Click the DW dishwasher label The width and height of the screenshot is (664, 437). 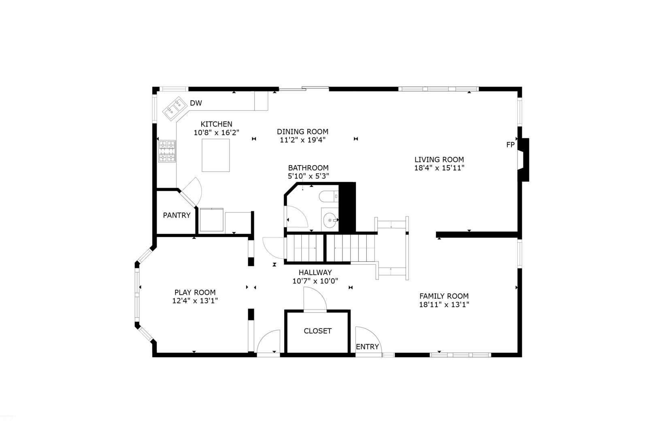[x=196, y=103]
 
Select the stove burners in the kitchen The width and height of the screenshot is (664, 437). [x=167, y=151]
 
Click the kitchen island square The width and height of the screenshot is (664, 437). [x=216, y=155]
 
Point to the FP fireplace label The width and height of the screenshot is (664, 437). [x=510, y=144]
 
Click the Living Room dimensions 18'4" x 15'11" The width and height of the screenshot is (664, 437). [x=439, y=168]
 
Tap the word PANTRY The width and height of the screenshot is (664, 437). [x=177, y=215]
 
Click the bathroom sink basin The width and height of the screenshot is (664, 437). [x=330, y=220]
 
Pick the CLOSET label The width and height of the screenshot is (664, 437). [x=317, y=331]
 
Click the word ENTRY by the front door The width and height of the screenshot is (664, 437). [x=367, y=347]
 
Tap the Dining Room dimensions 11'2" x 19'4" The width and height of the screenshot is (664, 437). [x=302, y=140]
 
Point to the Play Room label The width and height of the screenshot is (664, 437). [x=195, y=292]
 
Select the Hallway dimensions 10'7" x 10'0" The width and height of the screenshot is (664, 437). [x=315, y=281]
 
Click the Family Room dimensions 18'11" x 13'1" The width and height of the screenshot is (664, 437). [x=444, y=305]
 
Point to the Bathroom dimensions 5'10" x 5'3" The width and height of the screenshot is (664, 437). [x=308, y=176]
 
